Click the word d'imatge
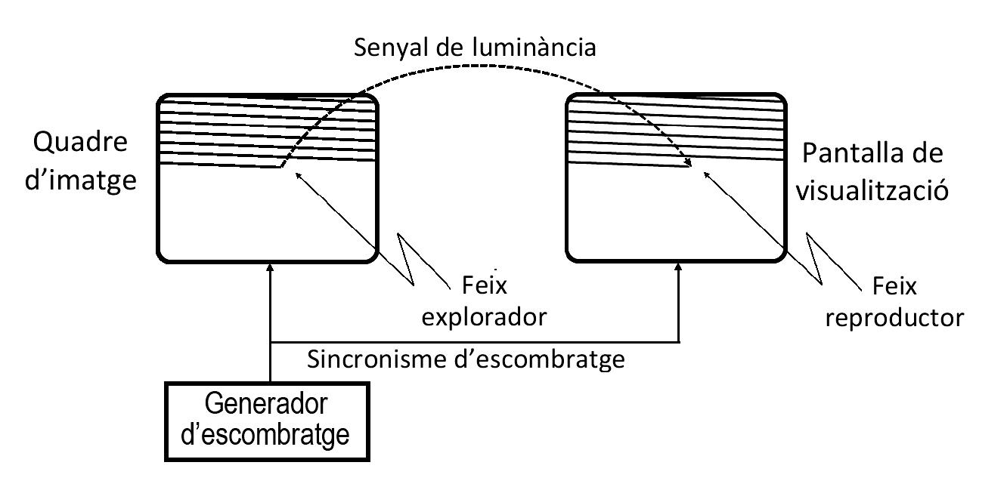(x=85, y=181)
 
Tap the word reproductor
(x=895, y=316)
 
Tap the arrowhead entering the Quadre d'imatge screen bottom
(x=270, y=269)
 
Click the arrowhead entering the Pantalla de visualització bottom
(x=679, y=269)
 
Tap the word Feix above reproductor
(x=894, y=287)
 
